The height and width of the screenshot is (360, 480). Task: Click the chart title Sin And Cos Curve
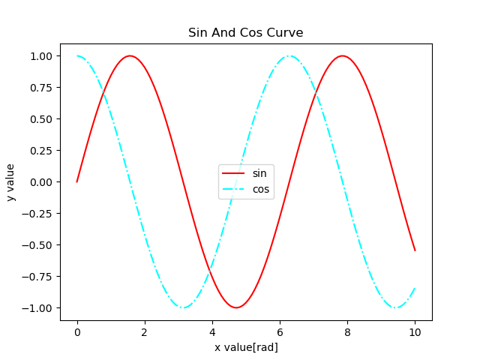point(245,33)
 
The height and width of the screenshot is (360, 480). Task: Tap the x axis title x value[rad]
point(246,347)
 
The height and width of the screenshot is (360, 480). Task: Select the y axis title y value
point(11,182)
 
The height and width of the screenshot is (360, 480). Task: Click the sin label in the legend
point(259,173)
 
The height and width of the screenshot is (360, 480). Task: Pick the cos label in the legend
point(260,190)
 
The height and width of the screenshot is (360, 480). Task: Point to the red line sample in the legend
point(233,173)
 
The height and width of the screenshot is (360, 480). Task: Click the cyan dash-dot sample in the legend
point(233,190)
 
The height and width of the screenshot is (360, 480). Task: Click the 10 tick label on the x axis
point(415,331)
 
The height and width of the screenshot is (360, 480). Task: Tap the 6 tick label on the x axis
point(280,331)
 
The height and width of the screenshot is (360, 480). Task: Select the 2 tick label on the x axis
point(145,331)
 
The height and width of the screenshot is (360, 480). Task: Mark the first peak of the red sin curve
point(130,56)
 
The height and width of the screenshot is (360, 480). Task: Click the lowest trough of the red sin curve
point(236,307)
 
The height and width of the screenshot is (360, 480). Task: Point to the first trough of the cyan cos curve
point(183,307)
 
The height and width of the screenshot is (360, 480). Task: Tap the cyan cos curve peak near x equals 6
point(289,56)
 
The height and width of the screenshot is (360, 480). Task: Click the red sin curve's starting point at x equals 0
point(77,181)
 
